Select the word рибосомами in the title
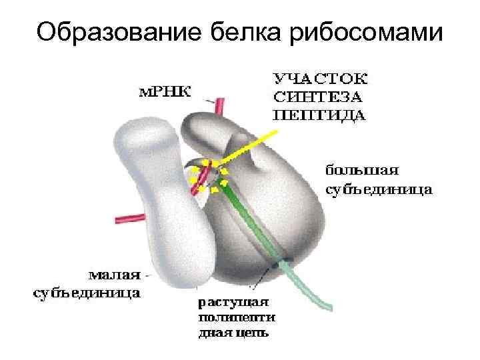(x=366, y=31)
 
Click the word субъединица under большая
(x=377, y=189)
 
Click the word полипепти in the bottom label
(x=235, y=316)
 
